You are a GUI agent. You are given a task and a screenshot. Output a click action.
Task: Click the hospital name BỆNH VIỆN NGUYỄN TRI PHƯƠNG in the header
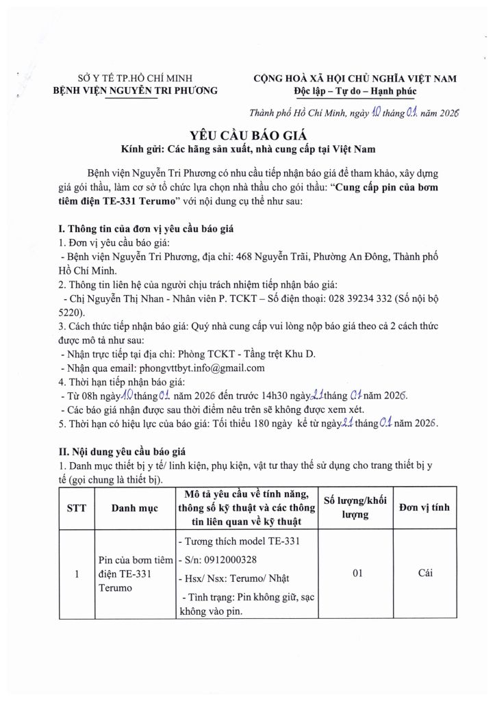tap(136, 90)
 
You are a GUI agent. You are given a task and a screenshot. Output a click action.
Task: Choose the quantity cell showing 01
tap(356, 575)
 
